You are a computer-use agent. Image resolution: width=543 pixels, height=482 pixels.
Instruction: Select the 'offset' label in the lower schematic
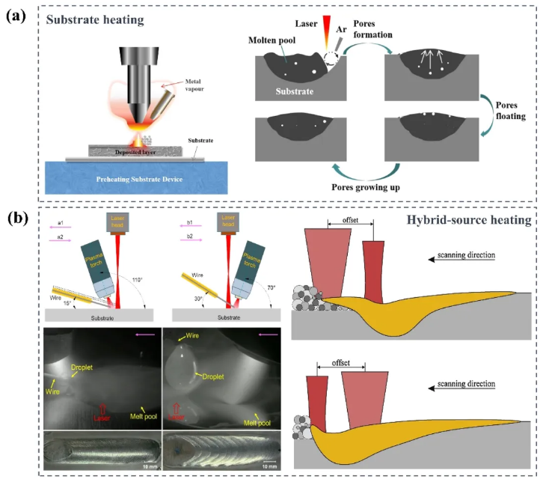pyautogui.click(x=340, y=366)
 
